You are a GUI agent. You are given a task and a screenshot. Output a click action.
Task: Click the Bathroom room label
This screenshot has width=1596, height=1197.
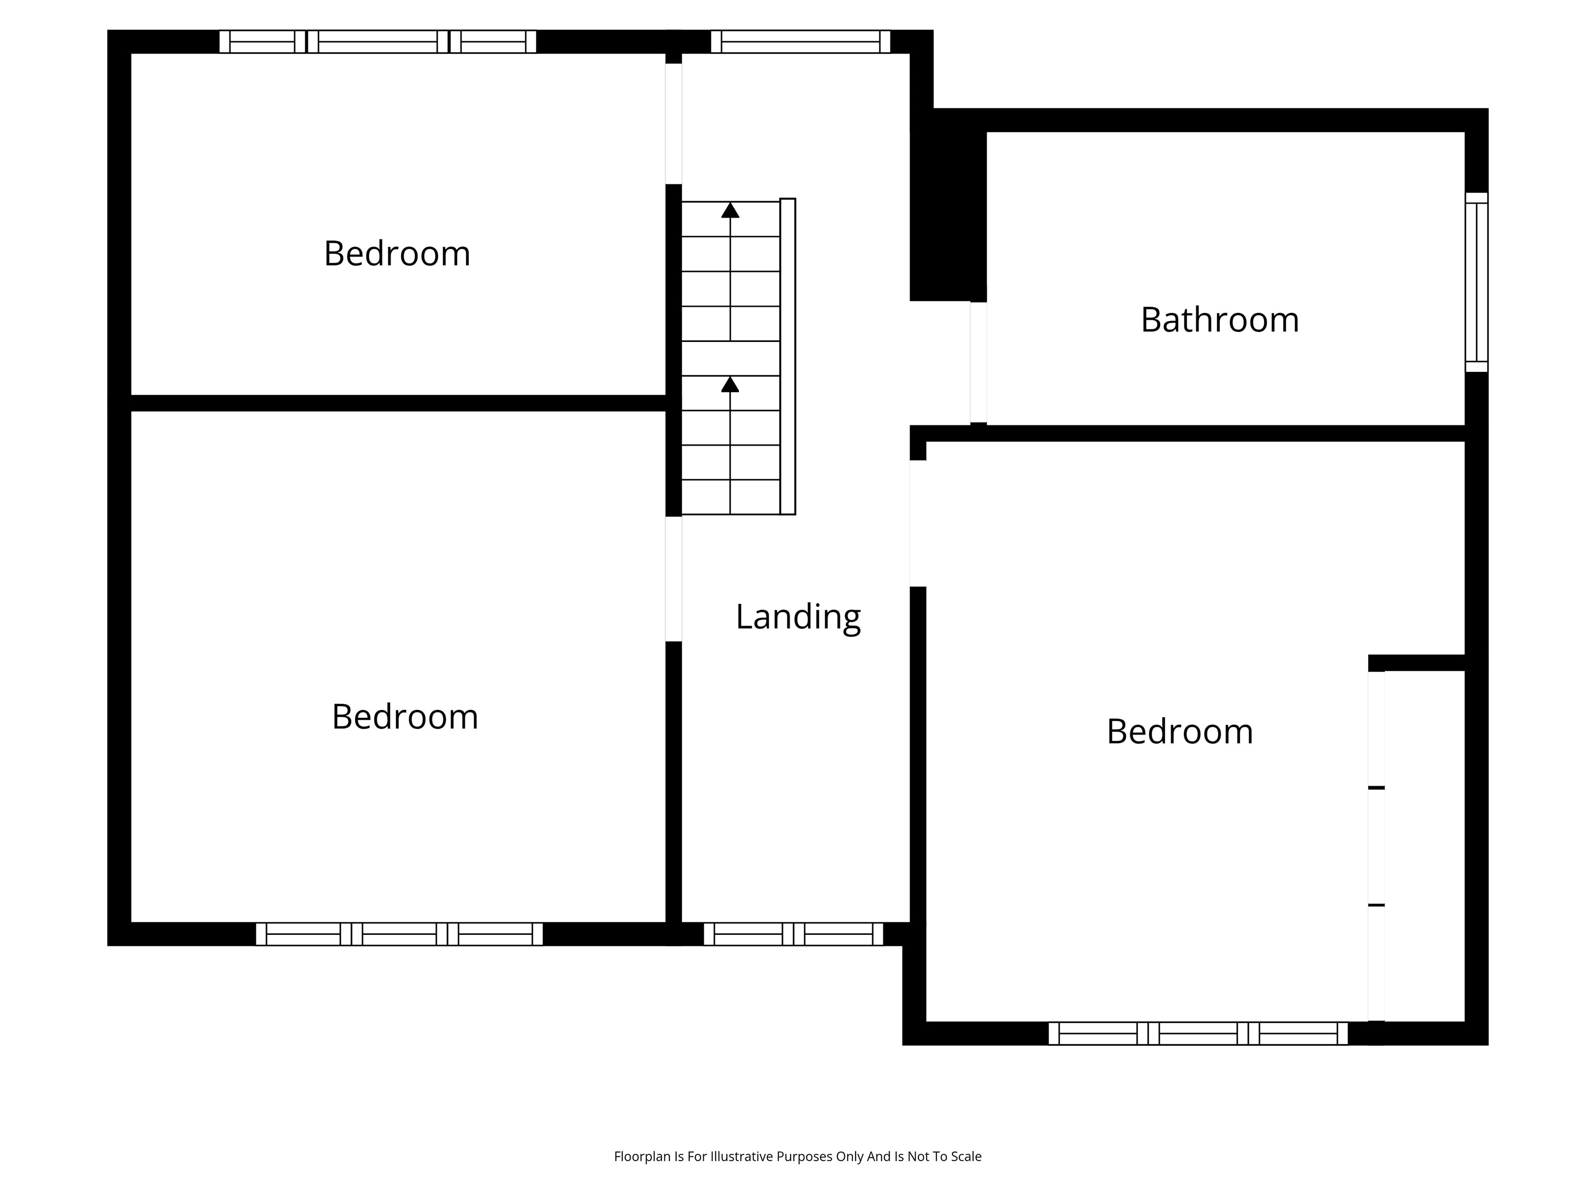pos(1219,320)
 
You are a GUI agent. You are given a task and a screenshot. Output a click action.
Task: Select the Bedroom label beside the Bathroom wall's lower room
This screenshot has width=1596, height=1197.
pos(1180,732)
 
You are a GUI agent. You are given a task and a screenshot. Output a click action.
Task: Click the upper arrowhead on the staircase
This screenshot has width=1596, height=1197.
pos(730,210)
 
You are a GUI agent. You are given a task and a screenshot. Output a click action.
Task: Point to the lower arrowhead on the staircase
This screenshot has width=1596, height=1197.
pos(730,384)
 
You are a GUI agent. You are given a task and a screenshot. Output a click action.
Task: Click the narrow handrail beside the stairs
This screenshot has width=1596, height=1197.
pos(788,356)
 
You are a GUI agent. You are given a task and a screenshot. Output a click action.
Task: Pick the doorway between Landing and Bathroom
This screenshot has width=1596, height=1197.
pos(978,362)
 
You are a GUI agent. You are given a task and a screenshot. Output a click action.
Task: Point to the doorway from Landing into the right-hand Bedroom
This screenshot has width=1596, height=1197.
pos(918,523)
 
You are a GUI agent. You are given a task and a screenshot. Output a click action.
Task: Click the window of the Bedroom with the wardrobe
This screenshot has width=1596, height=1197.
pos(1197,1033)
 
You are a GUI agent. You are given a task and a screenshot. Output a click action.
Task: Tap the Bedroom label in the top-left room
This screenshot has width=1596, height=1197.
pos(397,253)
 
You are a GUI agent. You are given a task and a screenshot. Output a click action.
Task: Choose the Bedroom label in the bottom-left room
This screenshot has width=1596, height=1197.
pos(405,716)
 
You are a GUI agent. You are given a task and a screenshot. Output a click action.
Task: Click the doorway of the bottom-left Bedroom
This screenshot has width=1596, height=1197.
pos(673,578)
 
